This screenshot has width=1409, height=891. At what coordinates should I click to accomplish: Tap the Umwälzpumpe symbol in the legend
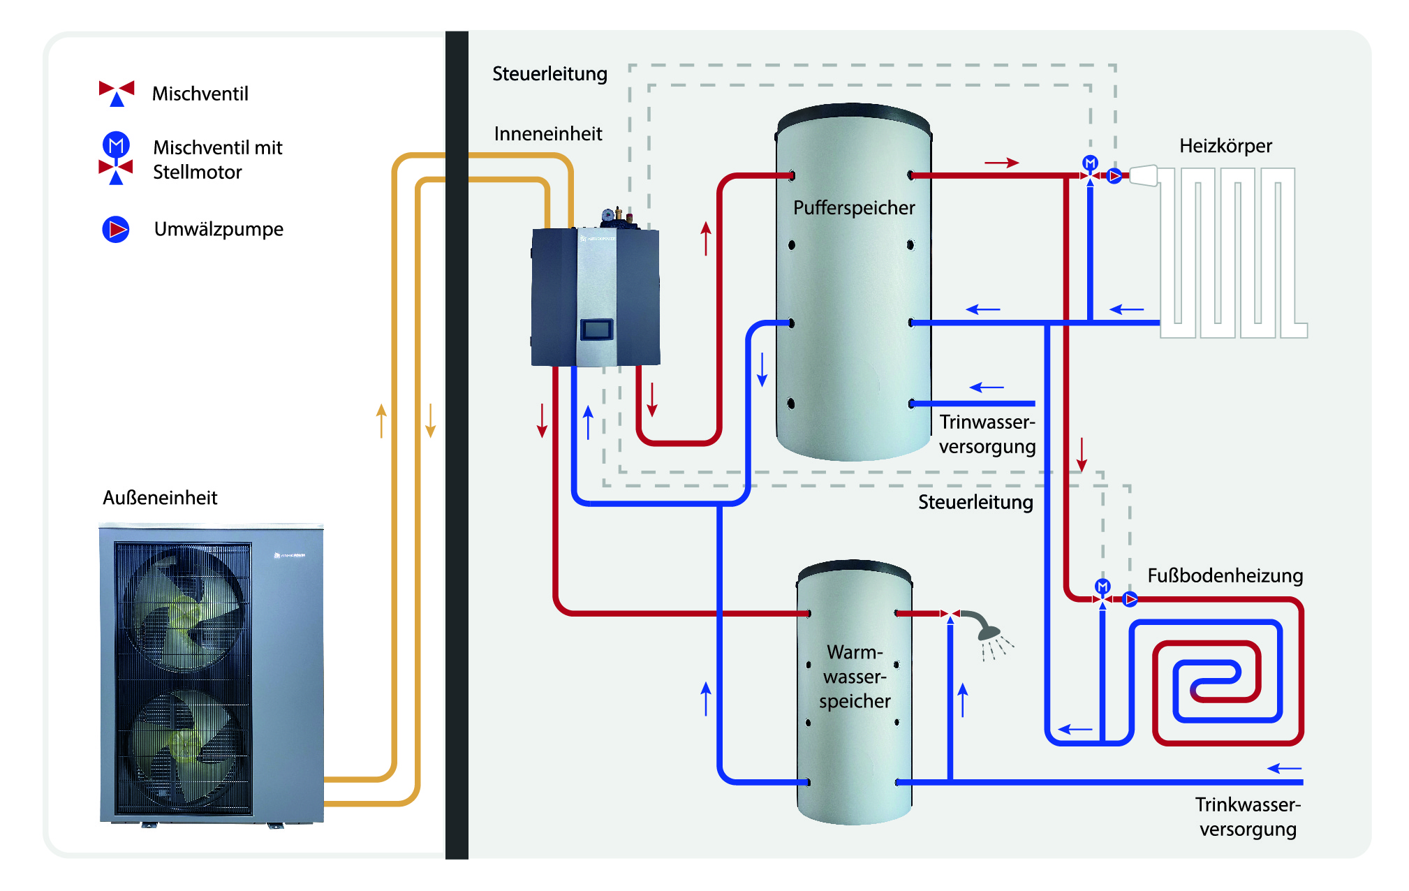click(x=116, y=229)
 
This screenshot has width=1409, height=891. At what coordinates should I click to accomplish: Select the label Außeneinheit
click(x=160, y=498)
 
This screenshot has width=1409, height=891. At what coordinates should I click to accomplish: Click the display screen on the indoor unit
click(x=597, y=329)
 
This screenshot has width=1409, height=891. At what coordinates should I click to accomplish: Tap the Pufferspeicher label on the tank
click(x=854, y=208)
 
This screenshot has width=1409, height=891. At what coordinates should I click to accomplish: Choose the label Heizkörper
click(x=1225, y=146)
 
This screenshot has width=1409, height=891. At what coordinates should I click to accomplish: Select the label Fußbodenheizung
click(x=1225, y=575)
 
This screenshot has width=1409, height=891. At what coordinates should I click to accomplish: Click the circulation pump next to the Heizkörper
click(x=1115, y=176)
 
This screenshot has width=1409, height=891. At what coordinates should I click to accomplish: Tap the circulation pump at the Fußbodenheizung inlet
click(x=1130, y=598)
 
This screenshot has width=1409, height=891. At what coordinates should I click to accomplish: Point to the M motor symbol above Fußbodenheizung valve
click(x=1102, y=585)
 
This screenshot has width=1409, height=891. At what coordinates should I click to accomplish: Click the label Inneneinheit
click(x=548, y=134)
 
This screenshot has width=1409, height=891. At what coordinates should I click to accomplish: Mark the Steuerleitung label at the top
click(x=549, y=74)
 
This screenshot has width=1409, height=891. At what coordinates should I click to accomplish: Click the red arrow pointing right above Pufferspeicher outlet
click(x=1001, y=163)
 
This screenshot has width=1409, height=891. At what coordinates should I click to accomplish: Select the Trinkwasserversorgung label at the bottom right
click(x=1248, y=817)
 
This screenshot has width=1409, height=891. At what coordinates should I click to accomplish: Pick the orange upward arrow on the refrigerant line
click(x=381, y=420)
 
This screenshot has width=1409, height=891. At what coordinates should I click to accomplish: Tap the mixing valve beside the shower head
click(x=950, y=614)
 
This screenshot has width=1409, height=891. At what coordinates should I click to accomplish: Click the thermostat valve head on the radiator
click(x=1144, y=175)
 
